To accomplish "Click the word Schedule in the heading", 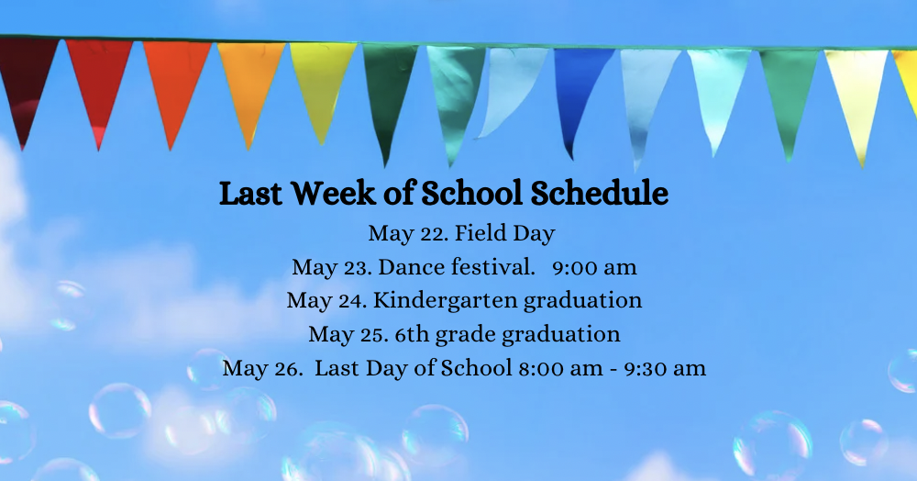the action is [600, 193].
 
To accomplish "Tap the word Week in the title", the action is [334, 193].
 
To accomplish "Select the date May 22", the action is [408, 234].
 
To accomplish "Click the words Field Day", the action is [504, 233].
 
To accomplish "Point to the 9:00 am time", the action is [594, 267].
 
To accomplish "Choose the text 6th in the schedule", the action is [412, 334].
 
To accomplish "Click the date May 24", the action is [327, 301].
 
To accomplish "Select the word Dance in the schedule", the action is [411, 267].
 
